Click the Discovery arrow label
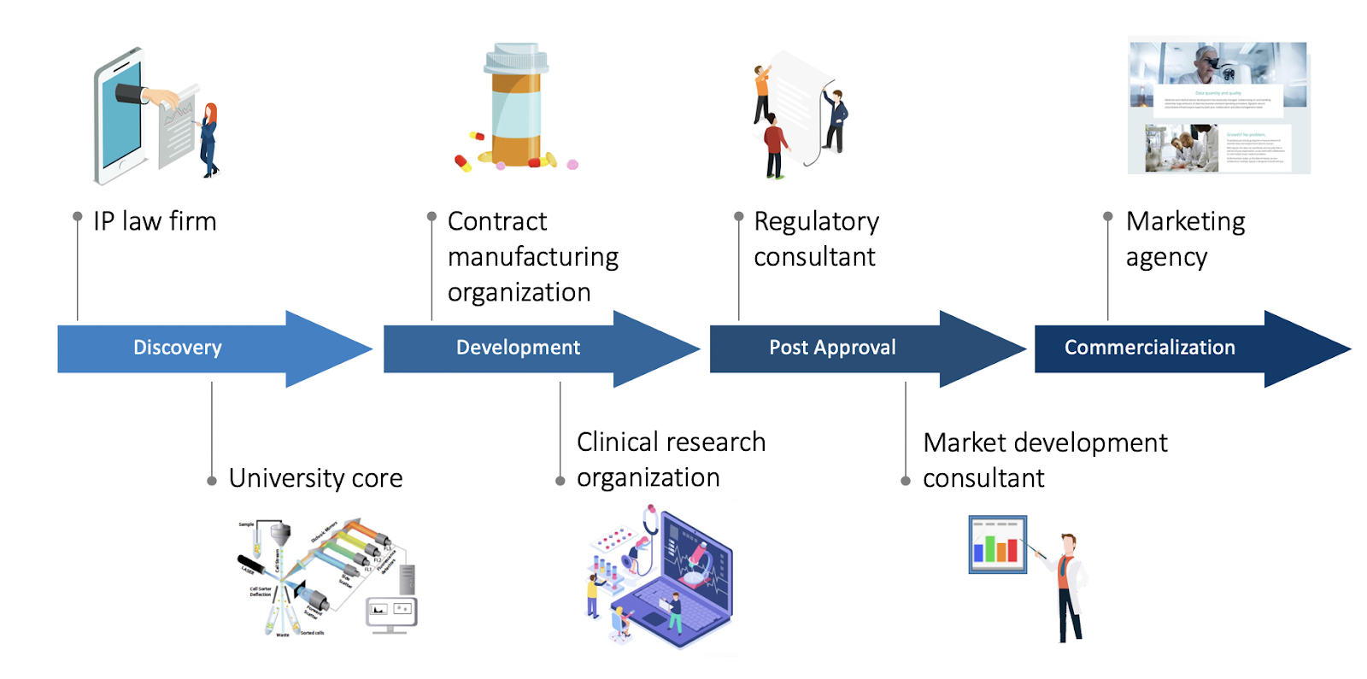click(x=177, y=348)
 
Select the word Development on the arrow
click(x=518, y=348)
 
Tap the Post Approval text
click(x=832, y=348)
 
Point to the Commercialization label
click(x=1149, y=348)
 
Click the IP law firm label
click(x=155, y=221)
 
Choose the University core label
click(x=315, y=478)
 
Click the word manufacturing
click(x=532, y=257)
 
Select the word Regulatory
click(x=816, y=222)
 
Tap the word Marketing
click(x=1185, y=222)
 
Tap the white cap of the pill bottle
click(x=516, y=59)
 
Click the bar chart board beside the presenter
click(x=997, y=544)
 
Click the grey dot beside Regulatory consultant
click(x=739, y=217)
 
